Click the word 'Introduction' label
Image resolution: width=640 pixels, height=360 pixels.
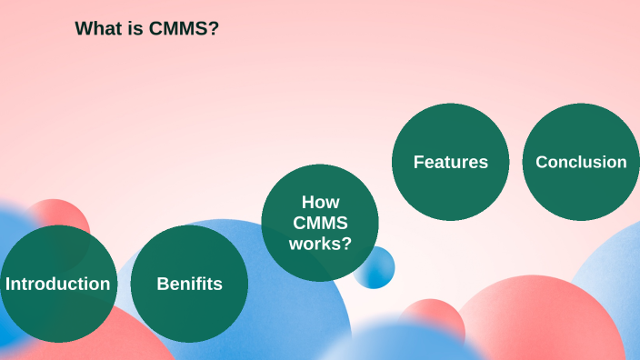click(58, 284)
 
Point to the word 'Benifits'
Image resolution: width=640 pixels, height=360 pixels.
click(189, 284)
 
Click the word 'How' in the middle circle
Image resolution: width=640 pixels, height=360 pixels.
click(320, 202)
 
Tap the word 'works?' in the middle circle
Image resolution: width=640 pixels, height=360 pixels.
click(320, 243)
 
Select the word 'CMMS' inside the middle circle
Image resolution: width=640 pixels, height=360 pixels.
click(320, 223)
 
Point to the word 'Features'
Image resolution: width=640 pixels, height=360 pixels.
click(450, 162)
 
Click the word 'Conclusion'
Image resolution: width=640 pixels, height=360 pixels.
click(581, 162)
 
